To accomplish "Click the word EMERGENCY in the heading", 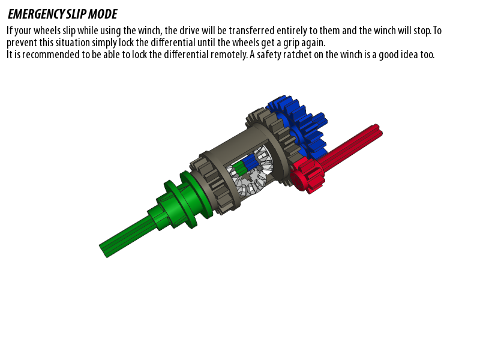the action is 36,14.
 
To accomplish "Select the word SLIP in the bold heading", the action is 76,14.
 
